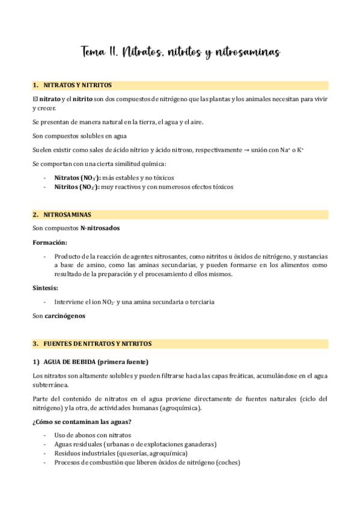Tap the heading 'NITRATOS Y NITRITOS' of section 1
[78, 85]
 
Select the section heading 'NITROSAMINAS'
[67, 214]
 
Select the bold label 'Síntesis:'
[46, 288]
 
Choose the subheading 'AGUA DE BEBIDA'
[67, 361]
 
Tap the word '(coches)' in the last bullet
[228, 462]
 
